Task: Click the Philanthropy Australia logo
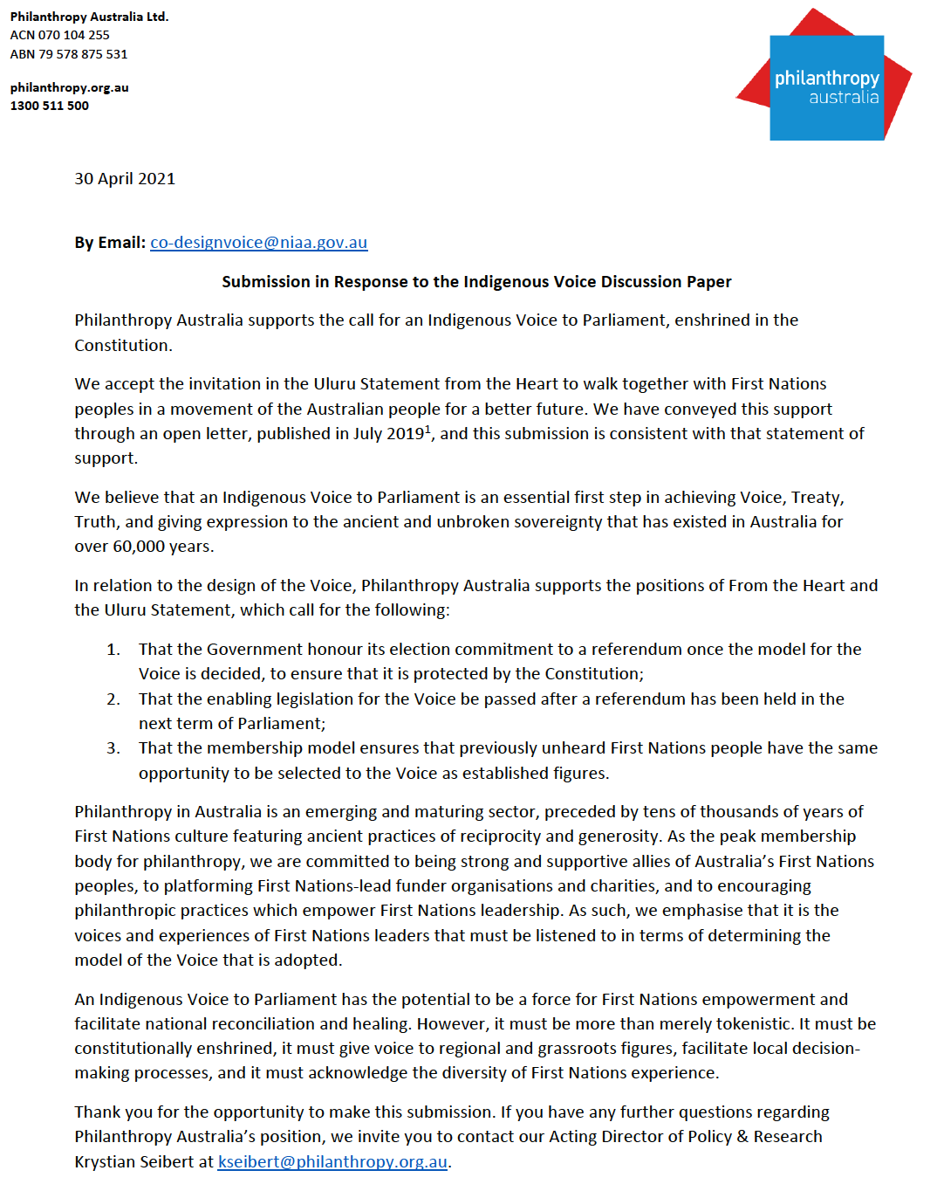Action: click(825, 79)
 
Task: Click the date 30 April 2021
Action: click(125, 179)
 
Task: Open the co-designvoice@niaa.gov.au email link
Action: click(258, 243)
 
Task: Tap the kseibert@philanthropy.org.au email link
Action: click(332, 1162)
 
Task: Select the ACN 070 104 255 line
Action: click(60, 35)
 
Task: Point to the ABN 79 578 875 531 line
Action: click(69, 54)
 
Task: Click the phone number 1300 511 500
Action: click(50, 106)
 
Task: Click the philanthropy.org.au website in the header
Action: click(70, 87)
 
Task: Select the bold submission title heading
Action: click(476, 282)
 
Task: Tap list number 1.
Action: click(113, 650)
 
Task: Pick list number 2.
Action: click(113, 699)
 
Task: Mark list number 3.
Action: click(113, 748)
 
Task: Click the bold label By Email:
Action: click(110, 243)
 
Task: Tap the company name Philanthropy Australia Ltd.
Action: click(89, 17)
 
